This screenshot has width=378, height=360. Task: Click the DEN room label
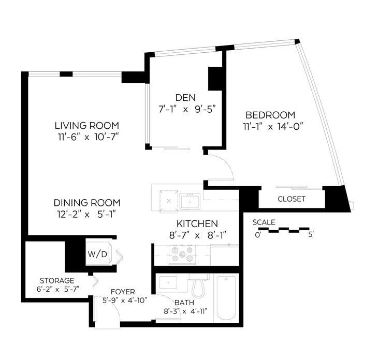185,98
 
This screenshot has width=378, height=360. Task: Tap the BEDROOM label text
270,115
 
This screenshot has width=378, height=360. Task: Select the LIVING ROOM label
87,126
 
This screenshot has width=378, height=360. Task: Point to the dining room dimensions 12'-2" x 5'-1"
87,214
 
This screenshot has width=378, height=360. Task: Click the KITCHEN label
197,223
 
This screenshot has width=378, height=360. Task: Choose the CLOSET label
292,199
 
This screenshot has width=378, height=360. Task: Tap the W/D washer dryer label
97,254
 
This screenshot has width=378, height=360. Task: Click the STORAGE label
57,280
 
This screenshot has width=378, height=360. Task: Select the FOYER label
123,292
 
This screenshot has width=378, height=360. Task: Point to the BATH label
184,303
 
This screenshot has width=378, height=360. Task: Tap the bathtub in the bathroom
226,298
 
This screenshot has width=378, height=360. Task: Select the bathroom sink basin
168,282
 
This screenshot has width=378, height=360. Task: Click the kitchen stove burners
182,255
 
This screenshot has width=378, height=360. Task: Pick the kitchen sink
190,201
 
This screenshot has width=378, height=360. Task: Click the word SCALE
264,222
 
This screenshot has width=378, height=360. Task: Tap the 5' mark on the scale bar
311,234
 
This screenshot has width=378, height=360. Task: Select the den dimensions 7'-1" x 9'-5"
187,109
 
